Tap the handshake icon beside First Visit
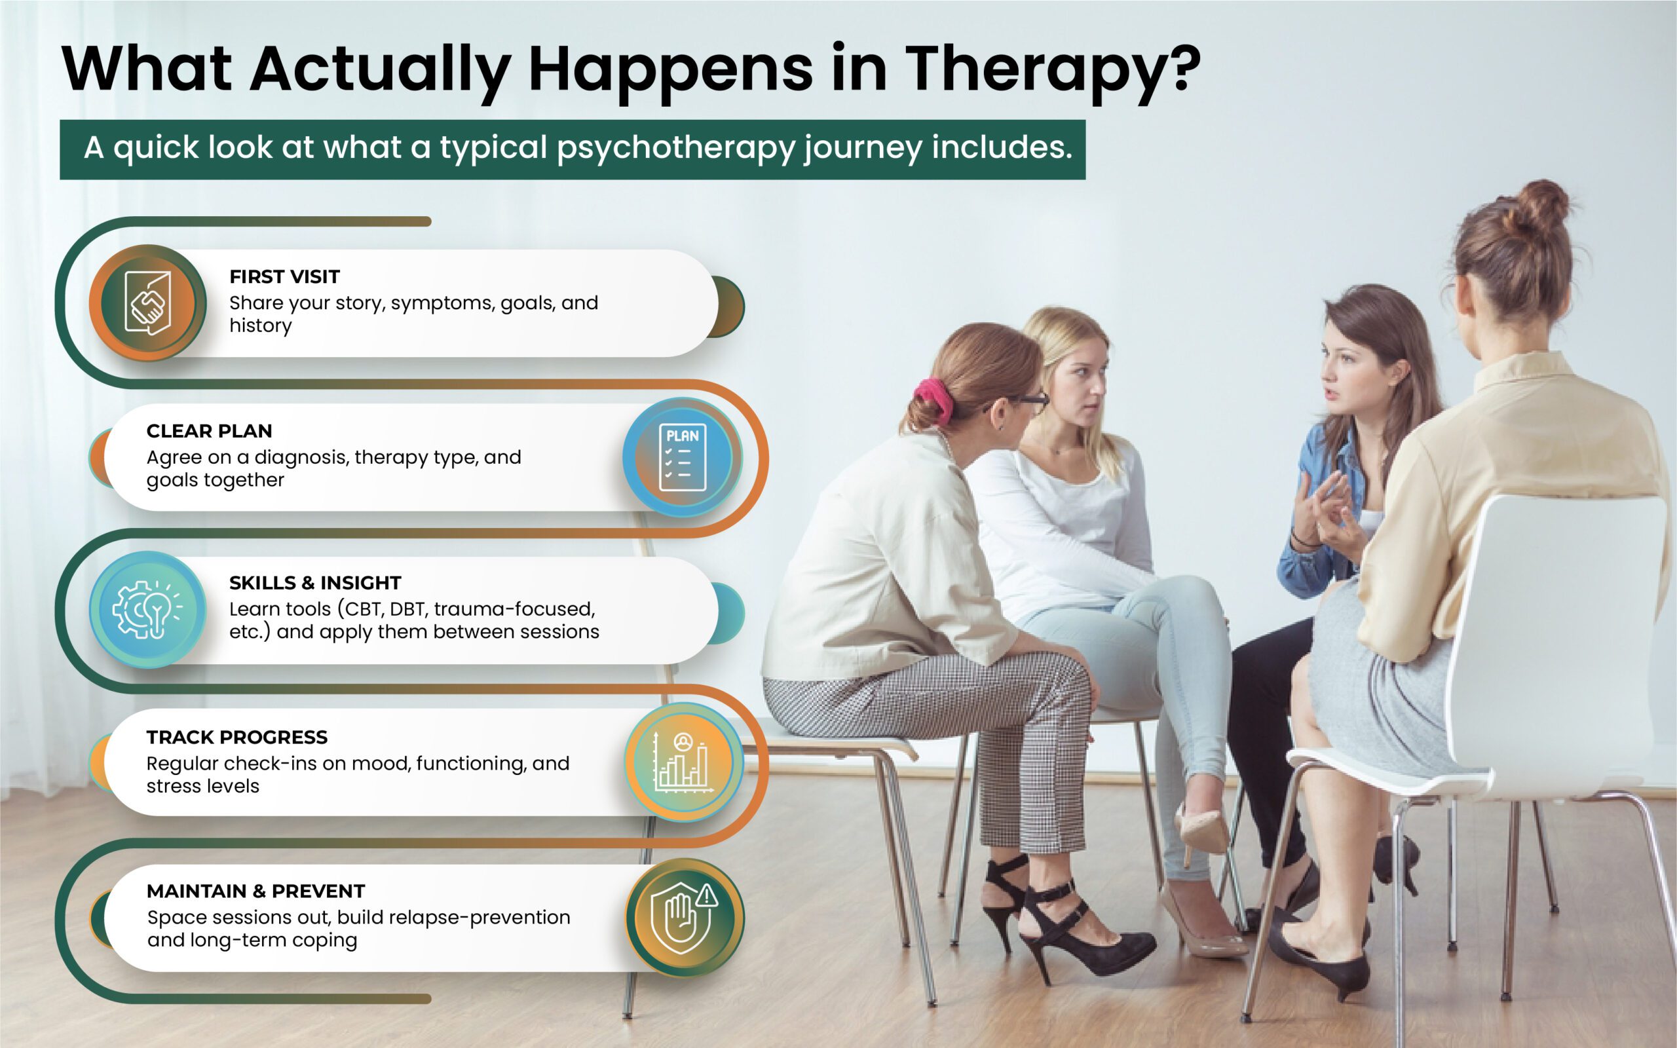click(x=147, y=303)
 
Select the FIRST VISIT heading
click(x=284, y=276)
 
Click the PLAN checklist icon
click(x=683, y=457)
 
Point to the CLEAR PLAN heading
click(x=209, y=431)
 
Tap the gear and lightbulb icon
click(x=147, y=609)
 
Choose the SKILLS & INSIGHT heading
click(x=315, y=583)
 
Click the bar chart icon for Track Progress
click(x=683, y=762)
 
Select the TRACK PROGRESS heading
click(x=237, y=737)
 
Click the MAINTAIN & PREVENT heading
click(x=255, y=891)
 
